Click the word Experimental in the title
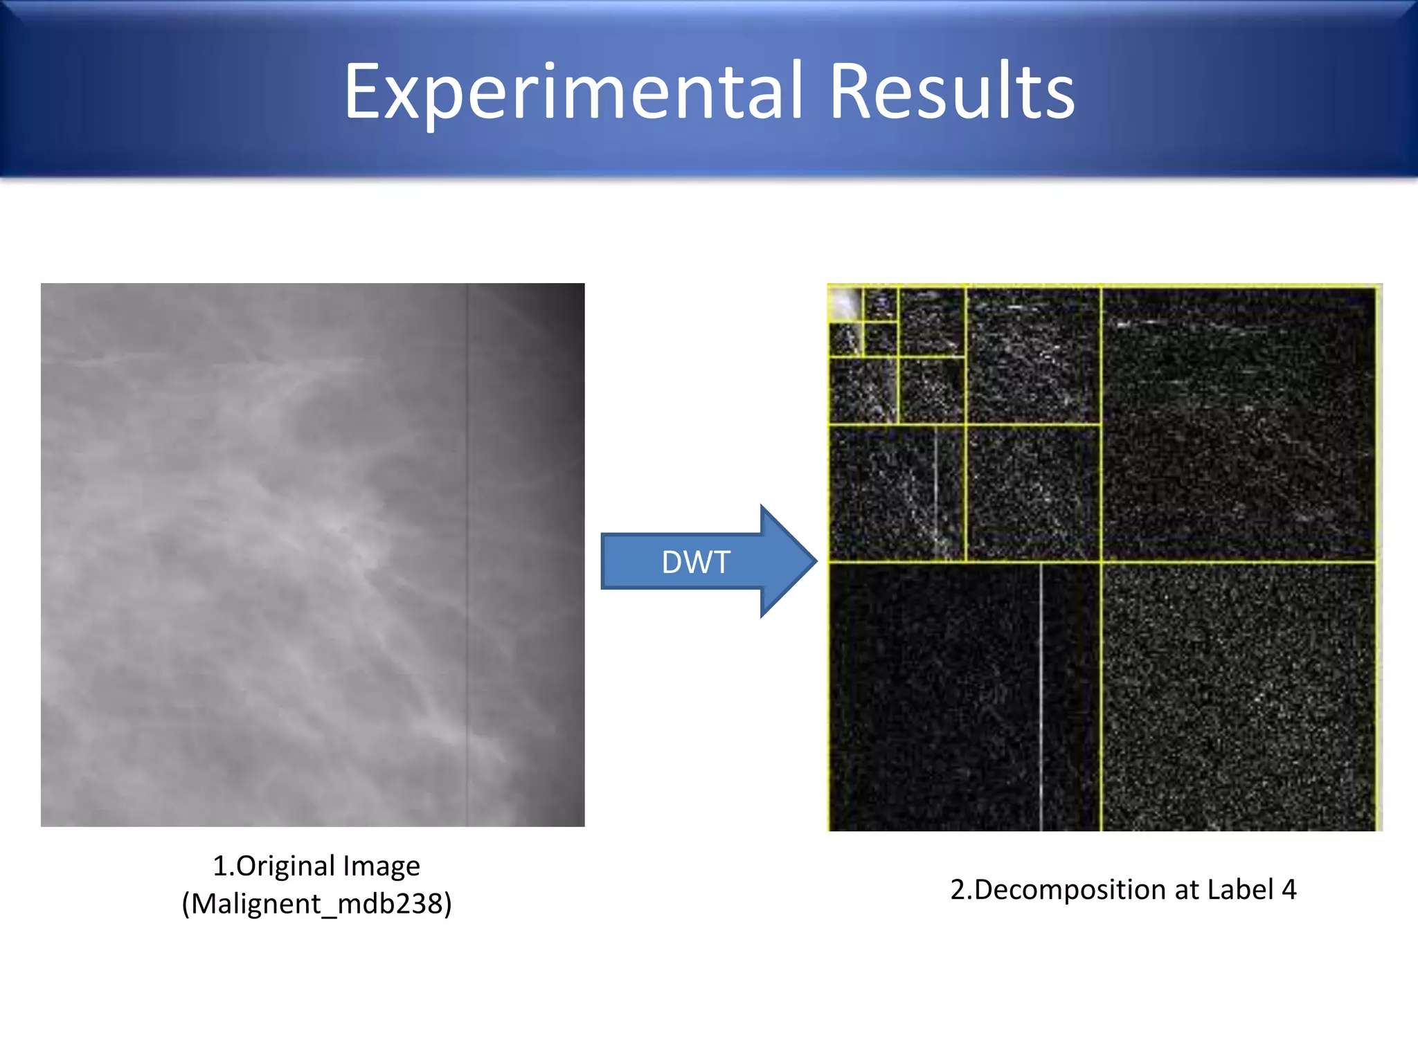(573, 92)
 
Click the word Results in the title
(952, 92)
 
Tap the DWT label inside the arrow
(695, 562)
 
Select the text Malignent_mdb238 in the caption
(317, 904)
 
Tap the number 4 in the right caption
(1289, 889)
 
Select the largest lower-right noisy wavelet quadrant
(1239, 696)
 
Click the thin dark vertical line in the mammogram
(467, 554)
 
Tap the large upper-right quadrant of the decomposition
(1239, 424)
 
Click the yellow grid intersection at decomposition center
(1102, 562)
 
